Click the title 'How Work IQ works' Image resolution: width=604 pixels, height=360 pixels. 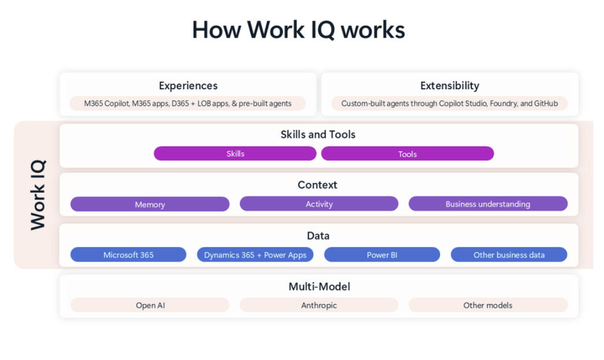pos(298,30)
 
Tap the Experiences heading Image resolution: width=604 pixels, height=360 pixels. pos(188,86)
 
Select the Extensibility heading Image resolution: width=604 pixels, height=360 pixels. pos(449,86)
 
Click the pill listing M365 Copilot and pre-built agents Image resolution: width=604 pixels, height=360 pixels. pos(187,104)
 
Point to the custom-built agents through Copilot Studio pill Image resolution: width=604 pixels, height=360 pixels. pos(449,104)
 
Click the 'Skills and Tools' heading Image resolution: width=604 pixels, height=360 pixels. pos(318,134)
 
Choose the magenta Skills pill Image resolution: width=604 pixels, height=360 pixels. pos(235,154)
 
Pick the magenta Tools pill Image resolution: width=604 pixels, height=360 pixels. pos(407,154)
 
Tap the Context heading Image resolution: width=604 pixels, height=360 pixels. pos(318,185)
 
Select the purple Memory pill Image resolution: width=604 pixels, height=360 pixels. pos(150,204)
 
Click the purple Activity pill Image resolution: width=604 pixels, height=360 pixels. pos(319,204)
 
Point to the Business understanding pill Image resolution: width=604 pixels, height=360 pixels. pos(487,204)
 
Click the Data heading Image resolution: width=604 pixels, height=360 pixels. pos(318,236)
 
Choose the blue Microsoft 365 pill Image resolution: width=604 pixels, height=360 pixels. pos(128,254)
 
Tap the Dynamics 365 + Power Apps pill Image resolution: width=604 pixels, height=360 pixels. pos(255,254)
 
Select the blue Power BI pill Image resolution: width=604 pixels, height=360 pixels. pos(381,254)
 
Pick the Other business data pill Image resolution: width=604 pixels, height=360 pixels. pos(508,254)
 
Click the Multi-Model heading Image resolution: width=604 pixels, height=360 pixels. pos(319,286)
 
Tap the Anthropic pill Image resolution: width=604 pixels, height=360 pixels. pos(319,305)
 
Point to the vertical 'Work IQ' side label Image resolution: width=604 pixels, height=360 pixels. pos(38,195)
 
